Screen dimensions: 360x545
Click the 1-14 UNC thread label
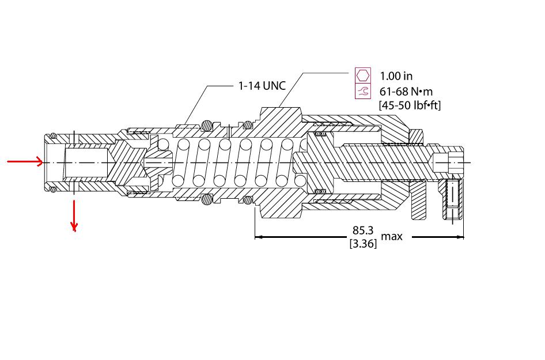coord(262,86)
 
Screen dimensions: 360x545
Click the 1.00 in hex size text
coord(396,75)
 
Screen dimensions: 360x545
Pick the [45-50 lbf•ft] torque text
coord(409,105)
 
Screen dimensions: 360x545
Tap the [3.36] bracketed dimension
coord(363,244)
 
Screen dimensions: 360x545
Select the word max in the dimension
coord(392,236)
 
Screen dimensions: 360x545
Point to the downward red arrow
coord(74,216)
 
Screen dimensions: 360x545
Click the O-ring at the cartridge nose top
coord(52,136)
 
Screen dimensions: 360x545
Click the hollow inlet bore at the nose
coord(86,162)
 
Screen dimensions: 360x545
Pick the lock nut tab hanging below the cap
coord(418,202)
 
